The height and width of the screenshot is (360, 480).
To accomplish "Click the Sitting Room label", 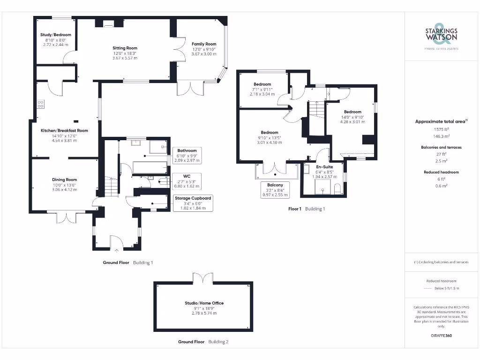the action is [125, 48].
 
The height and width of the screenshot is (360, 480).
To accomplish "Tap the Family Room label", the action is [204, 44].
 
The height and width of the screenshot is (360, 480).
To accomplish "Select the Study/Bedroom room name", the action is [55, 35].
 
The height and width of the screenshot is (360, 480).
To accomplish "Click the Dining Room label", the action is [64, 180].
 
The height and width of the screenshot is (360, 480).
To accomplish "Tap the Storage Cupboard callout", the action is [193, 202].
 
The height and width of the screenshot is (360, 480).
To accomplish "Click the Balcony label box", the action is [275, 189].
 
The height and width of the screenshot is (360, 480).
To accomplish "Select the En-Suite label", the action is [324, 166].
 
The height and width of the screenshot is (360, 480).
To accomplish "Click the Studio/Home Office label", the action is [204, 303].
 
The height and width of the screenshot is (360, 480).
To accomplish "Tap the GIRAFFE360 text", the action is [441, 336].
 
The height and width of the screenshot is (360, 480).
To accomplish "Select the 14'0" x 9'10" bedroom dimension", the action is [352, 117].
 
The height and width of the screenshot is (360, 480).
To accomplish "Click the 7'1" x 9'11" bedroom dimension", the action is [262, 89].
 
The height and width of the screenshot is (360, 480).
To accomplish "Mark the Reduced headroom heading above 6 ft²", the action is [441, 172].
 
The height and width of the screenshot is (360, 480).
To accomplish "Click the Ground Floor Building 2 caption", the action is [203, 342].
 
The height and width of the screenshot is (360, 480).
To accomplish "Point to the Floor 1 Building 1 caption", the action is [306, 209].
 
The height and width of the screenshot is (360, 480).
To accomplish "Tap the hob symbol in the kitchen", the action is [41, 104].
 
